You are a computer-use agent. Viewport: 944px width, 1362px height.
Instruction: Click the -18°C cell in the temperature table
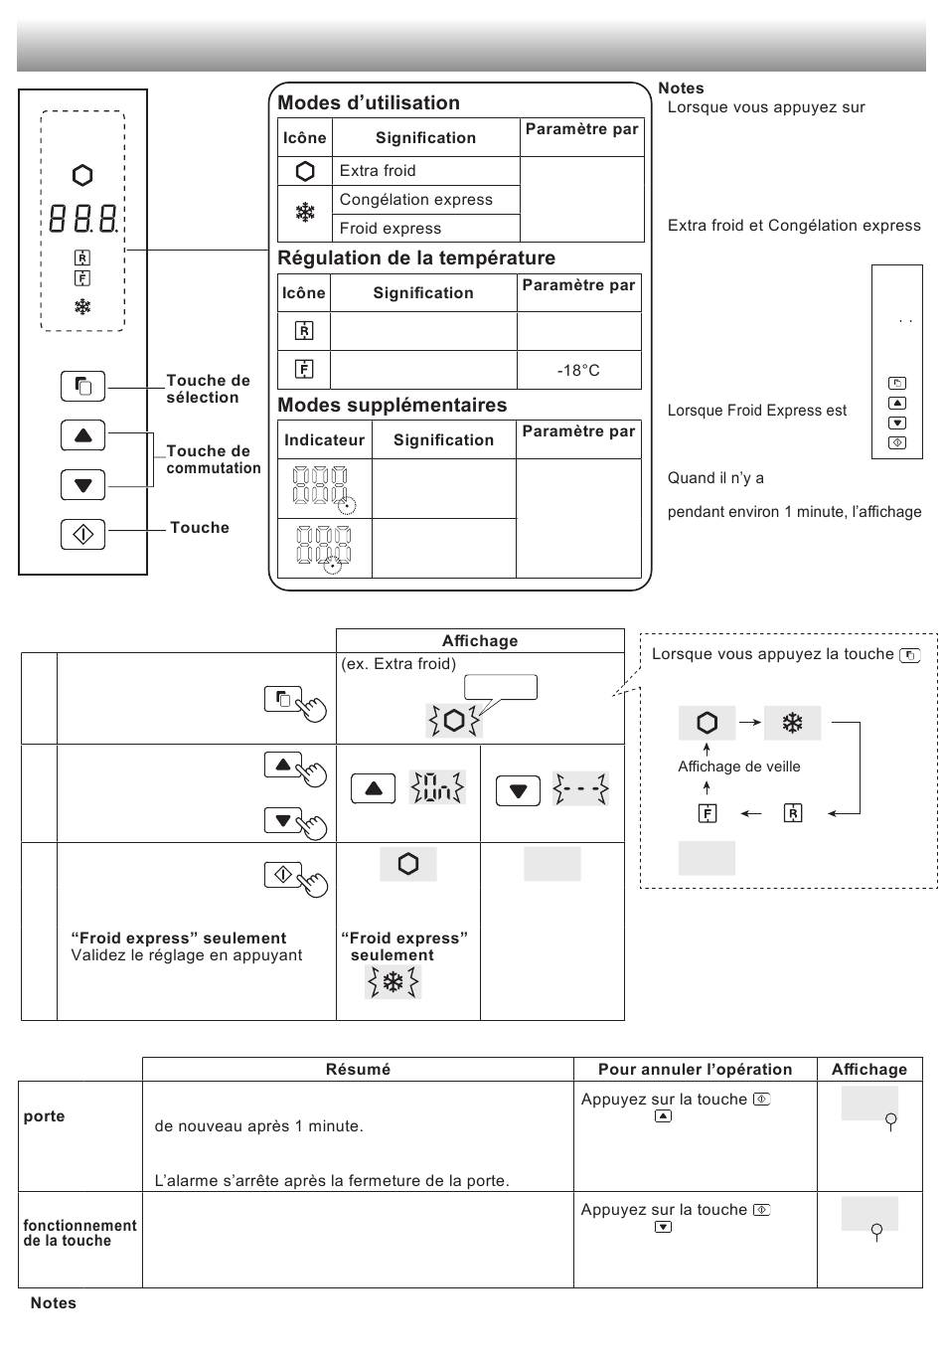point(578,370)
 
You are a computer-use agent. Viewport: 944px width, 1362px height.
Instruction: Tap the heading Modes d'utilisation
point(369,102)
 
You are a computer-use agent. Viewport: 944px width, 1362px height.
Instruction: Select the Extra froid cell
point(425,171)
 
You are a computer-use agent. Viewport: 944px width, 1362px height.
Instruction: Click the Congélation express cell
point(425,200)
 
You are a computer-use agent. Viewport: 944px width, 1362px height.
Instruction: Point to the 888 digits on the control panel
point(83,219)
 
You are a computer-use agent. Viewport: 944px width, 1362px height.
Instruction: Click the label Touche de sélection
point(208,389)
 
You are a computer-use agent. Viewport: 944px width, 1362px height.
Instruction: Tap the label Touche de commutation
point(214,459)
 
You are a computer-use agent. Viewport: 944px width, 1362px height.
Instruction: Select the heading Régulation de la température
point(416,257)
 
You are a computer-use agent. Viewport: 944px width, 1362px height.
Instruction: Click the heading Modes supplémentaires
point(393,405)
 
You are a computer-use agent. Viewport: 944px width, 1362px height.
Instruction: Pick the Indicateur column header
point(324,439)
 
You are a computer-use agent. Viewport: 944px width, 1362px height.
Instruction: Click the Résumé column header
point(358,1069)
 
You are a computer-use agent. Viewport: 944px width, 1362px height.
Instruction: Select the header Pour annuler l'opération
point(695,1069)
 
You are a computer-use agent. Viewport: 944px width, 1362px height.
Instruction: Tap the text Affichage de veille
point(738,766)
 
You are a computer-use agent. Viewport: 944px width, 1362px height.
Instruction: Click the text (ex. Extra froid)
point(398,663)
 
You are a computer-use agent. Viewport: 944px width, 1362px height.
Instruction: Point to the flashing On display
point(437,787)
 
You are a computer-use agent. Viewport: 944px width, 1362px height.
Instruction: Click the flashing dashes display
point(580,788)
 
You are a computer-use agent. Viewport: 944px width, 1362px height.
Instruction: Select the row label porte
point(44,1116)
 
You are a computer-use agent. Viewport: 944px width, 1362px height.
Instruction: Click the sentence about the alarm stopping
point(332,1180)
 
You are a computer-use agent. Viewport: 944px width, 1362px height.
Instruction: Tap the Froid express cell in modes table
point(425,228)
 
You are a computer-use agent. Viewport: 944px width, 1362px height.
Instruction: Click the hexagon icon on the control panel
point(82,175)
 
